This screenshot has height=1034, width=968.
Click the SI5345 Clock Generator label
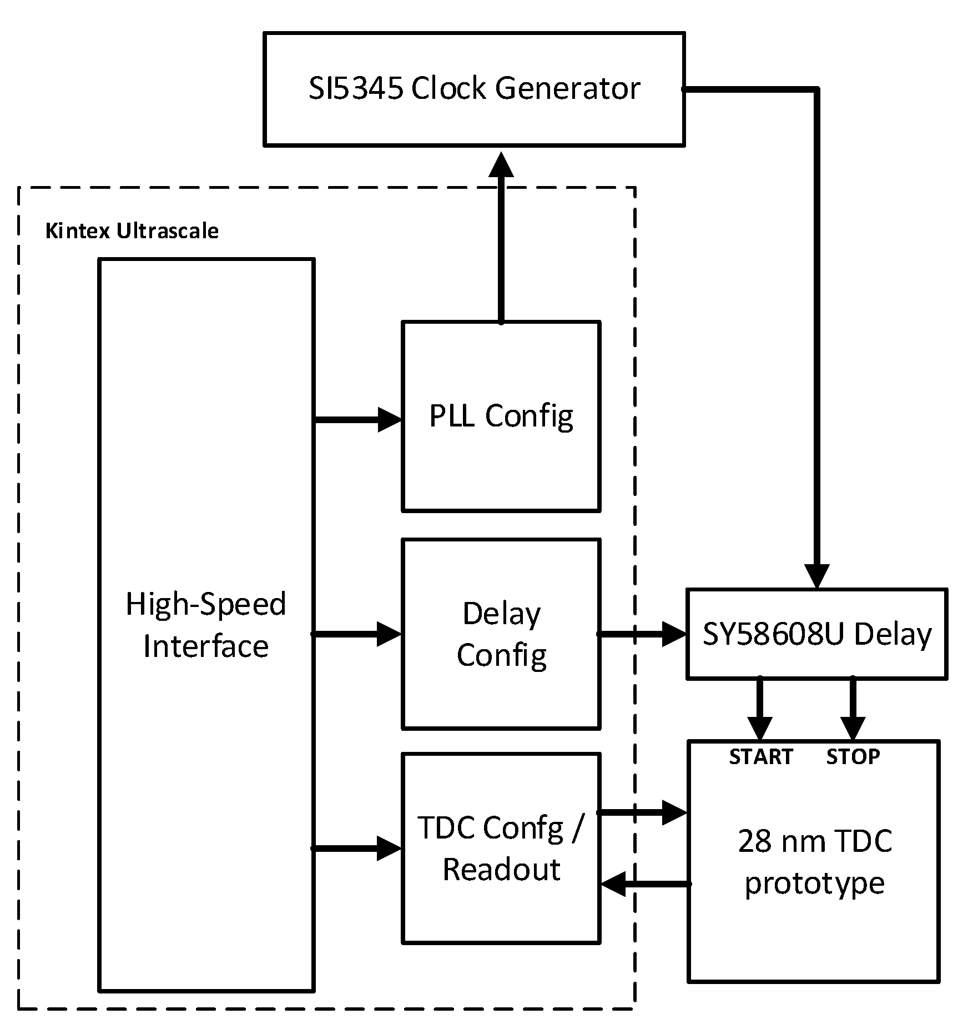click(474, 88)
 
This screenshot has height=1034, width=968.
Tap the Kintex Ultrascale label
click(132, 231)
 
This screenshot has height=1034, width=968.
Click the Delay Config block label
click(501, 634)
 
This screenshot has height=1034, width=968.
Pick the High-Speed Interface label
click(206, 625)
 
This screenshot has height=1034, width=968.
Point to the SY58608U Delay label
click(816, 634)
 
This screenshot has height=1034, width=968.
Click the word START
click(760, 756)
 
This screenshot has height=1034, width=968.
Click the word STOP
click(853, 756)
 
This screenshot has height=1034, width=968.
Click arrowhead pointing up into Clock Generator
click(501, 165)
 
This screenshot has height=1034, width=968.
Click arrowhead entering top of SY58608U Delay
click(816, 576)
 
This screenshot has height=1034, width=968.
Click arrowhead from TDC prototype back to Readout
click(613, 884)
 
